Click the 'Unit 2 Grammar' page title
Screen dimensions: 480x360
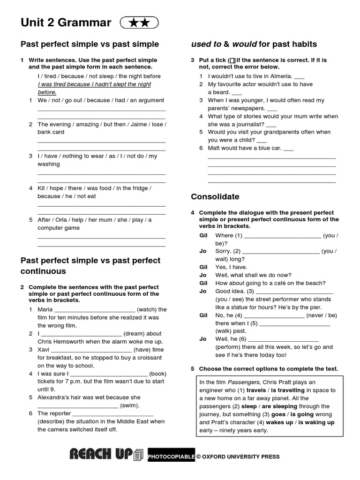(66, 22)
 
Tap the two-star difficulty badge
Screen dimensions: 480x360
(139, 22)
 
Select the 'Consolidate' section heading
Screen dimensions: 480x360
(215, 196)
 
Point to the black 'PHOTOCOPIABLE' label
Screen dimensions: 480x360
(171, 457)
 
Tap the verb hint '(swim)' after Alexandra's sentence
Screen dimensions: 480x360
(130, 405)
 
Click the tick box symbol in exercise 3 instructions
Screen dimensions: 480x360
(232, 60)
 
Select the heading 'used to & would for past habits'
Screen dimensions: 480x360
(254, 44)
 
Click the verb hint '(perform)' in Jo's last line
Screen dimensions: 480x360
(231, 347)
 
